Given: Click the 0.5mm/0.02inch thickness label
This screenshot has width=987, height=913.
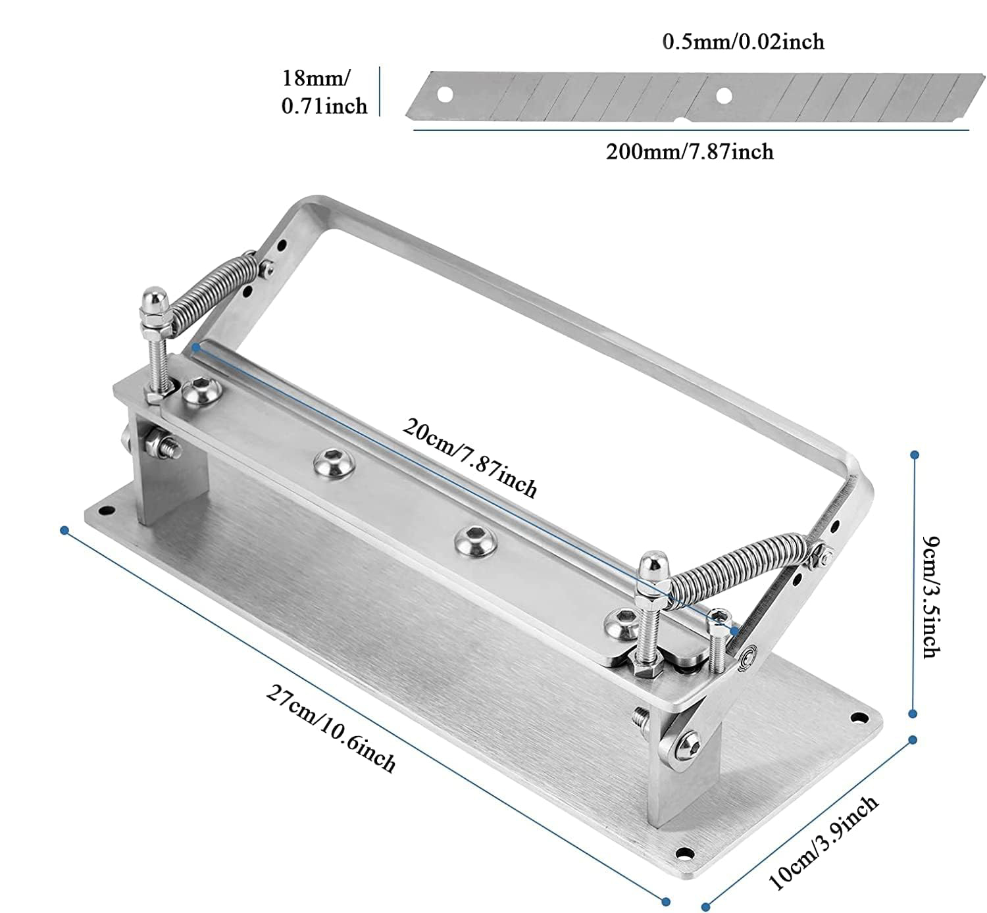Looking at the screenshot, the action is tap(743, 41).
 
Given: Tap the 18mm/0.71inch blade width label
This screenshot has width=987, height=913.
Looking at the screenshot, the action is tap(324, 92).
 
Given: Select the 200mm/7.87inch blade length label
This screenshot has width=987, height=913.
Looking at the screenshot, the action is tap(690, 151).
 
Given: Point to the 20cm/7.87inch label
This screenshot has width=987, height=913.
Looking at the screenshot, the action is tap(470, 457).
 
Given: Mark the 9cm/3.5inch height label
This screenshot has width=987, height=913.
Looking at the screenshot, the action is tap(931, 597).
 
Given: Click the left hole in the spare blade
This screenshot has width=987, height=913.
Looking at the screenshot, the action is tap(445, 95).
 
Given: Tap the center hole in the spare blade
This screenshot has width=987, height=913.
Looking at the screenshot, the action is tap(724, 95).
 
